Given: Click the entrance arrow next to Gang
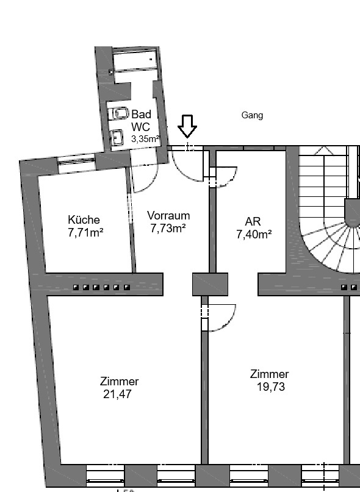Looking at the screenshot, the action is (187, 126).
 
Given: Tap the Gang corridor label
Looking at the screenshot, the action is (252, 115).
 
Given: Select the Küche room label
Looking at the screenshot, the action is (84, 219).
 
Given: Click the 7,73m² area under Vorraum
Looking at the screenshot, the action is (168, 229).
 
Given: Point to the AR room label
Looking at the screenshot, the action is (253, 221).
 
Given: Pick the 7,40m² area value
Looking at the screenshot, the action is (254, 234).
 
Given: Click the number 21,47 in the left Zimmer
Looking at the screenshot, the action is (118, 394).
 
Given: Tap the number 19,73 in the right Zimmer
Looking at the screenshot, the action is (271, 387).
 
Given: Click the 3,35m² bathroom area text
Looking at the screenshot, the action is (145, 138).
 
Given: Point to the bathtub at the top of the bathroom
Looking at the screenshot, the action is (135, 60).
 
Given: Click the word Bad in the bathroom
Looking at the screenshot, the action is (142, 114).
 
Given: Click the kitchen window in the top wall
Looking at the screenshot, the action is (76, 162).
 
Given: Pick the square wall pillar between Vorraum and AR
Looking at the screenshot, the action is (210, 284).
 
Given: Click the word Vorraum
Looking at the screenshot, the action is (168, 216).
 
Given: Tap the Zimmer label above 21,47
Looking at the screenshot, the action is (120, 381).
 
